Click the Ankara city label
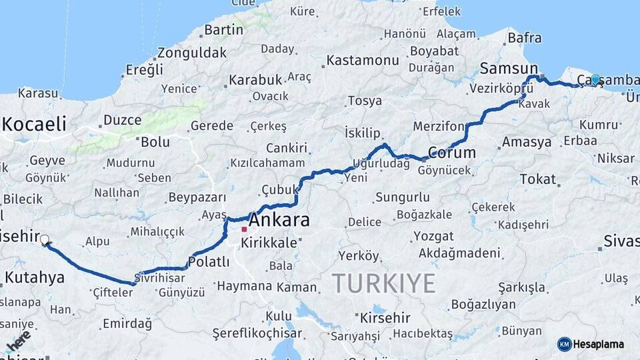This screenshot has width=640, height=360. [x=279, y=219]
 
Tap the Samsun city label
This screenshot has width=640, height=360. [x=509, y=69]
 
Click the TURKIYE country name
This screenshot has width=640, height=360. [x=384, y=283]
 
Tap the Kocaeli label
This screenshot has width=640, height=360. [x=35, y=123]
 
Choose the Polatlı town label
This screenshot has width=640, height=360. [x=209, y=261]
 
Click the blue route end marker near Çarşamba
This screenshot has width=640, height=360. [x=595, y=79]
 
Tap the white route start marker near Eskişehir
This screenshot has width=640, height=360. [x=45, y=240]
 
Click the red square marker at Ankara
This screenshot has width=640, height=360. [x=244, y=229]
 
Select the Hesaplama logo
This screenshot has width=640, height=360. [x=591, y=344]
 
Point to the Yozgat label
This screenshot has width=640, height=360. [x=433, y=236]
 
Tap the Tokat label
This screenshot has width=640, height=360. [x=537, y=179]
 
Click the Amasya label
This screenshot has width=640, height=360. [x=527, y=142]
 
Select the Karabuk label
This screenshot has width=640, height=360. [x=255, y=80]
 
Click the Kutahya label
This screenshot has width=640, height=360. [x=35, y=277]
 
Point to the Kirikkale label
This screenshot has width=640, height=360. [x=269, y=243]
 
